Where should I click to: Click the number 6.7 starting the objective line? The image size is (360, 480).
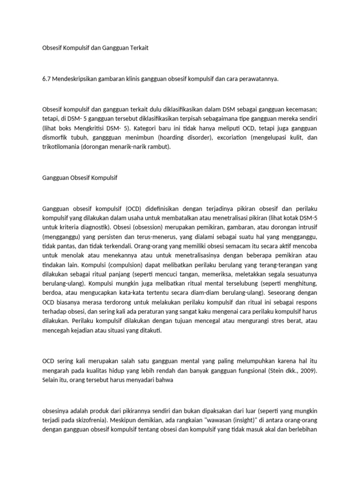coord(46,79)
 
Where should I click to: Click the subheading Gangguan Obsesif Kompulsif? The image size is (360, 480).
coord(80,178)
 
